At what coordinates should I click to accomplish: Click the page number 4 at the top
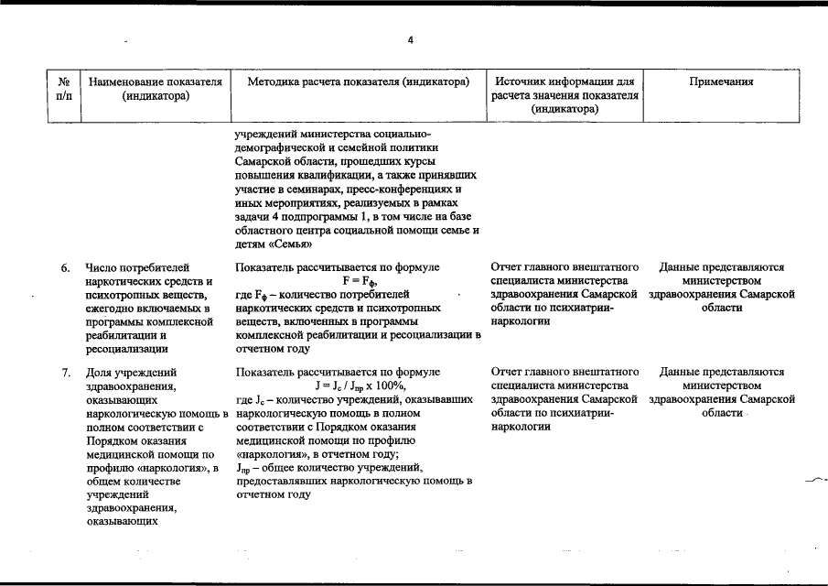tap(411, 40)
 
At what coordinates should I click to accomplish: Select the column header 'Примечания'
tap(721, 82)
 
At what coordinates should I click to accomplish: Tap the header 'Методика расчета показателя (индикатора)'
tap(359, 82)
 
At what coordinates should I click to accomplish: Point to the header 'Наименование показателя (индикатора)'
tap(156, 89)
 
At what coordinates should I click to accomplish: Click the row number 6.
tap(66, 268)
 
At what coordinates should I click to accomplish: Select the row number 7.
tap(66, 373)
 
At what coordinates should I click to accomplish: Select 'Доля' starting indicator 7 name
tap(101, 373)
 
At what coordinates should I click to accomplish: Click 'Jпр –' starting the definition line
tap(248, 468)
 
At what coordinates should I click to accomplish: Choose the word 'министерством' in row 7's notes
tap(721, 386)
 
